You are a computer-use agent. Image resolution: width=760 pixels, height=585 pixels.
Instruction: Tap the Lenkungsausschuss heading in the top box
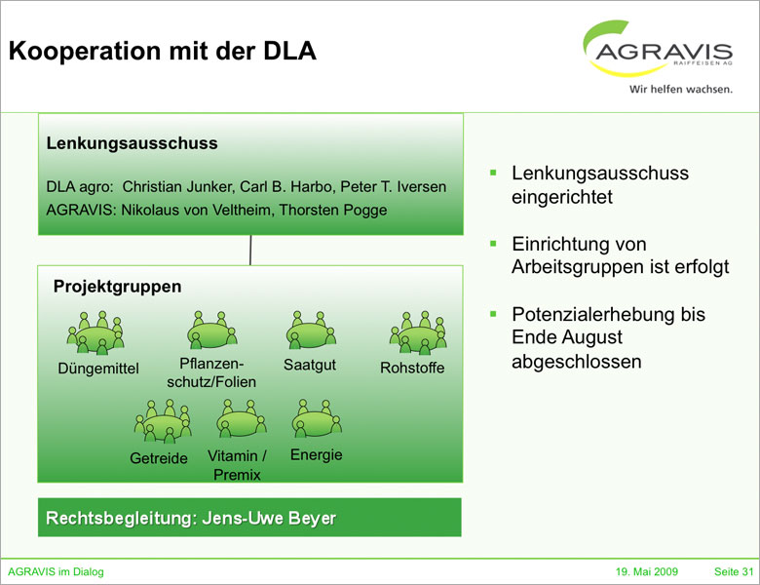point(133,143)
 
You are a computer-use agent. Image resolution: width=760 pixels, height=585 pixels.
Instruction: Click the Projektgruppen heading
point(117,287)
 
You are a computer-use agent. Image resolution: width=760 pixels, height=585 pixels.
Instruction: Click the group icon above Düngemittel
point(95,332)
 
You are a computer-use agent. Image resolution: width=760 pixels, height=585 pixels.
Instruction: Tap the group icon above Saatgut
point(311,331)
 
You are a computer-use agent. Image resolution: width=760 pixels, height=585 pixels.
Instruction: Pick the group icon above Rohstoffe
point(418,332)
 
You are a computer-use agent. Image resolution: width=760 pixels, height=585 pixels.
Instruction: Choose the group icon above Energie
point(316,418)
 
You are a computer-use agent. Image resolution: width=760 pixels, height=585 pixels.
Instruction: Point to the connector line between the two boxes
point(250,250)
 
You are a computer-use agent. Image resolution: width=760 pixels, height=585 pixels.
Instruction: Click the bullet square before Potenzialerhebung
point(494,315)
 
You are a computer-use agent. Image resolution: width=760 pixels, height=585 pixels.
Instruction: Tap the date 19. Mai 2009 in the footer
point(647,571)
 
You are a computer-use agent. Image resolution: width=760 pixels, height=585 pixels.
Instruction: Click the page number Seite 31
point(734,571)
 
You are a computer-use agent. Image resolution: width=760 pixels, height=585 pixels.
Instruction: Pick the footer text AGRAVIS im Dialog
point(56,571)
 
